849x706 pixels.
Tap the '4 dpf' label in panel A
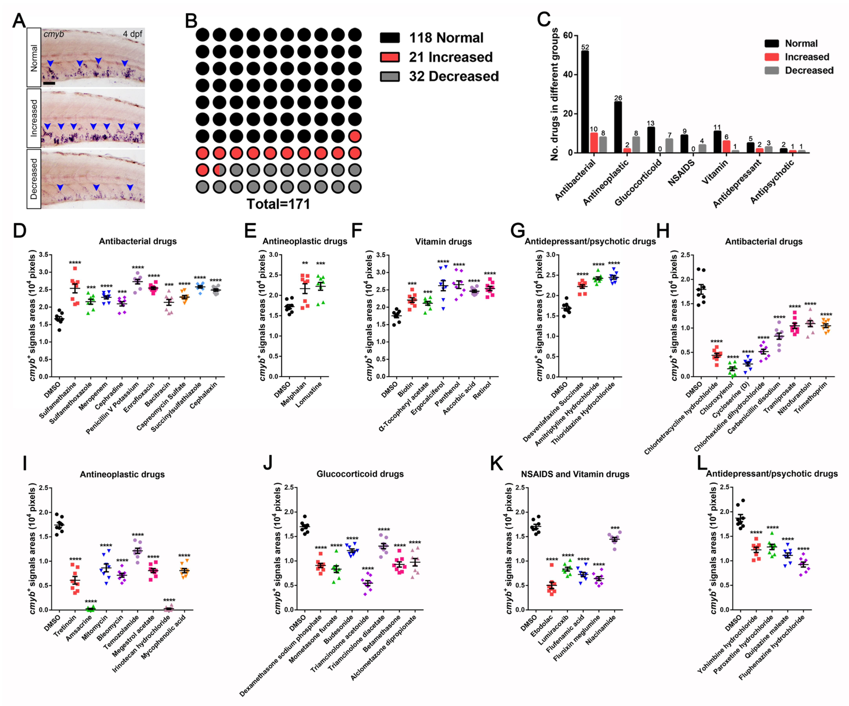tap(132, 34)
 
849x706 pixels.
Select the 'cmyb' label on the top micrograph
tap(54, 34)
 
